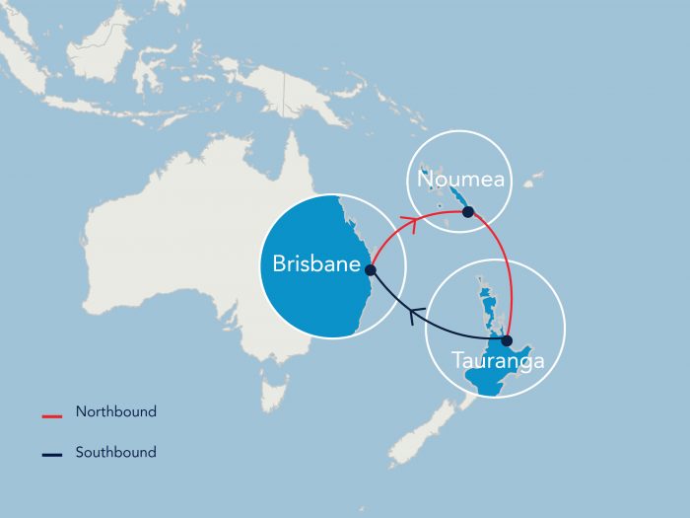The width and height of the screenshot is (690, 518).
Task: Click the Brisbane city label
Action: tap(315, 264)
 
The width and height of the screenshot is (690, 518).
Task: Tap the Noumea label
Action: tap(460, 180)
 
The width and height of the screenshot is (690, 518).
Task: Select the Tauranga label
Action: tap(497, 361)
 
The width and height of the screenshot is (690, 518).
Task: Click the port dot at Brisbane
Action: tap(371, 268)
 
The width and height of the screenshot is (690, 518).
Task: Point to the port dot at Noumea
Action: tap(468, 211)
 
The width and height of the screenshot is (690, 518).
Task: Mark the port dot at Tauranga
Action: tap(507, 340)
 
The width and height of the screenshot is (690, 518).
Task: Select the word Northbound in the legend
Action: tap(115, 412)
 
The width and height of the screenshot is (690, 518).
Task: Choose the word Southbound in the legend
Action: tap(115, 453)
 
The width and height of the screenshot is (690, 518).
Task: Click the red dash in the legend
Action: tap(52, 414)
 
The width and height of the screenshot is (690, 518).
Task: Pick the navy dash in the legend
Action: tap(52, 455)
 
